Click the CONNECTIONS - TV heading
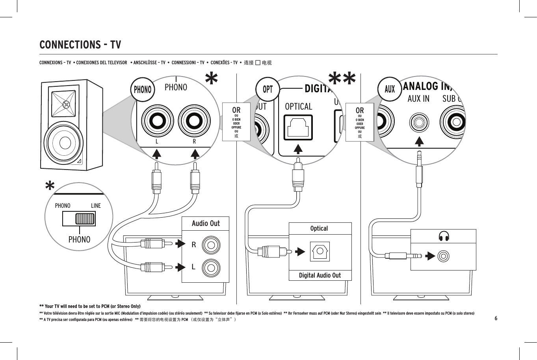(80, 45)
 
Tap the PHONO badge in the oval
(143, 90)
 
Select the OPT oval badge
(268, 89)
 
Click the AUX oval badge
(389, 89)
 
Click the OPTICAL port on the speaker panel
(298, 127)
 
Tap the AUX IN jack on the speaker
(419, 123)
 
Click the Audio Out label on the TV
(205, 223)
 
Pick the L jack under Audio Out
(211, 268)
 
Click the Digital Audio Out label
(320, 275)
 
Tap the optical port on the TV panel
(319, 252)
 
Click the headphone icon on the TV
(444, 236)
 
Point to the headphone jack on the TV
(443, 256)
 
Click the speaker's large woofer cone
(63, 142)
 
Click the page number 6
(496, 318)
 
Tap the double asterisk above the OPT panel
(342, 79)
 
